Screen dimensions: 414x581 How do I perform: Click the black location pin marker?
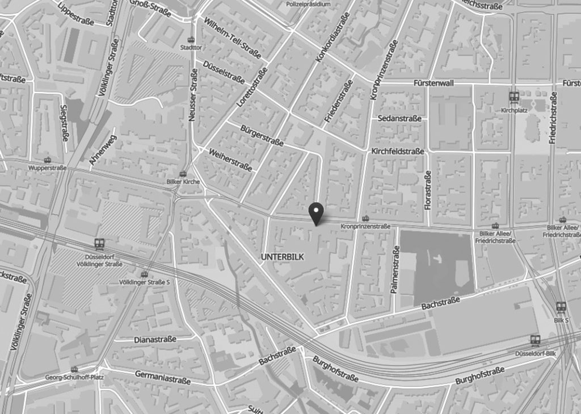[316, 212]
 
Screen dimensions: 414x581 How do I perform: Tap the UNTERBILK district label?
[282, 257]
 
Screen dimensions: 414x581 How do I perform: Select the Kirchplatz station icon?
[514, 97]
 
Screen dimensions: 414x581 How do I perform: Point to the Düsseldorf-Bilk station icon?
[534, 340]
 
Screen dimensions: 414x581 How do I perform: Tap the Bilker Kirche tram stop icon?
[183, 174]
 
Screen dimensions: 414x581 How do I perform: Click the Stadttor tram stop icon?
[190, 40]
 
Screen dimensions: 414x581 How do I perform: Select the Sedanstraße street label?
[399, 118]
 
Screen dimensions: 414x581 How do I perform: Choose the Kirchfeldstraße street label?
[398, 152]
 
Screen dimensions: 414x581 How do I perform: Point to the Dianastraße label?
[155, 339]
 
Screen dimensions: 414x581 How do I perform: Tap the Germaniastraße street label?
[162, 377]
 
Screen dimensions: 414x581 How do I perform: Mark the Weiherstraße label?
[230, 160]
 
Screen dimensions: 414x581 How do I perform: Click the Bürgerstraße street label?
[262, 135]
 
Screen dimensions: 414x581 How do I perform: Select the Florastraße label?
[428, 190]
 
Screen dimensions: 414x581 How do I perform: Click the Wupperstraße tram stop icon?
[48, 160]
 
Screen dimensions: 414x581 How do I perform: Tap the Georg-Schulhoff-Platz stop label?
[74, 377]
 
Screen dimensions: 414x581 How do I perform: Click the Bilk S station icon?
[561, 307]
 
